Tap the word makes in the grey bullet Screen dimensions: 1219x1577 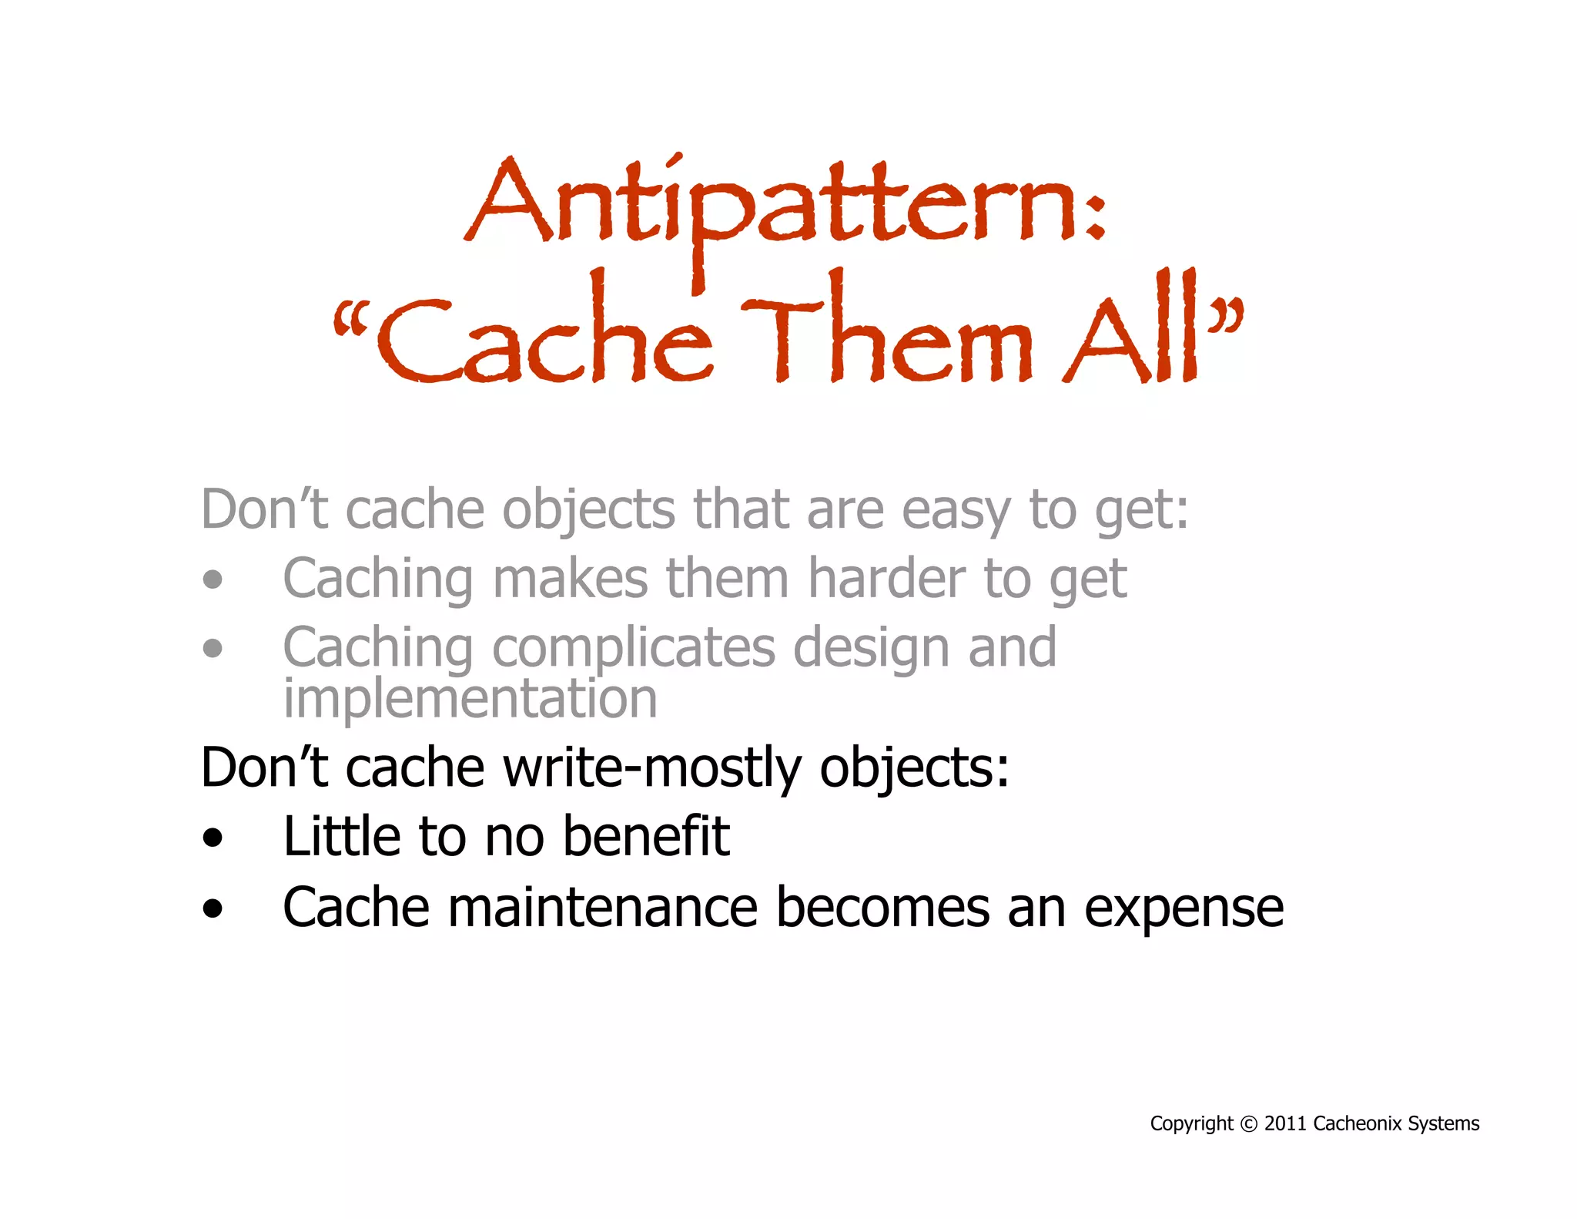[571, 579]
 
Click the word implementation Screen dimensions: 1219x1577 [470, 699]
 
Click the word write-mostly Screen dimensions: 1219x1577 [651, 769]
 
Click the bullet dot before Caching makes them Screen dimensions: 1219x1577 [213, 580]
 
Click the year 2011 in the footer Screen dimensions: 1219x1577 [1285, 1124]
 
